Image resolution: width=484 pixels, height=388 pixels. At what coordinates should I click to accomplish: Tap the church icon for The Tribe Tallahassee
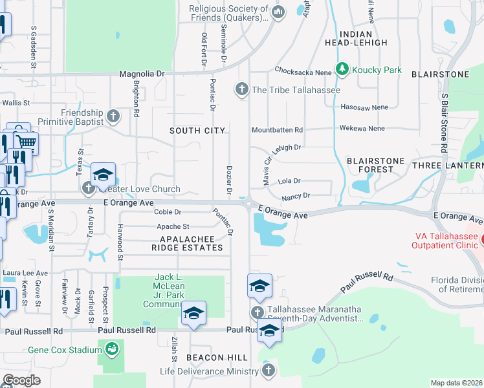tap(243, 89)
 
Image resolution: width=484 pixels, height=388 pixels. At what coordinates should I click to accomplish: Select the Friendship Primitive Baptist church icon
tap(113, 116)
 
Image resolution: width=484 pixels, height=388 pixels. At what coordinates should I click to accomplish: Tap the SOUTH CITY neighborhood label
tap(197, 131)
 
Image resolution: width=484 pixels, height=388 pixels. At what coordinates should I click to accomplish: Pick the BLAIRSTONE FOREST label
tap(375, 165)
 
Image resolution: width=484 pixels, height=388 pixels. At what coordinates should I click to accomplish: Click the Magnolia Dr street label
tap(142, 74)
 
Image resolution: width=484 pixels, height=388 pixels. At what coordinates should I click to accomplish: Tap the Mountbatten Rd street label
tap(277, 130)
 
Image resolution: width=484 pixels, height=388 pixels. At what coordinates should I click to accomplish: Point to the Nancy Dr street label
tap(296, 195)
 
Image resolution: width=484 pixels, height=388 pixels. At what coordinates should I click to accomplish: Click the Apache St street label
tap(173, 226)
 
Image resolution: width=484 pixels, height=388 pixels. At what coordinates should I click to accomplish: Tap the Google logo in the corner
tap(21, 380)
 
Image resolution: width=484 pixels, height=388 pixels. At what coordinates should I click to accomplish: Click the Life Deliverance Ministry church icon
tap(269, 371)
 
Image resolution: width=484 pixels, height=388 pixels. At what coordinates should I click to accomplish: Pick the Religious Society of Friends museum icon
tap(278, 12)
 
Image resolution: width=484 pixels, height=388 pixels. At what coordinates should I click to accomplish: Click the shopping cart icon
tap(26, 142)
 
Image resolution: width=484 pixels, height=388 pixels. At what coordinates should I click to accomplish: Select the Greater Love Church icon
tap(89, 189)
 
